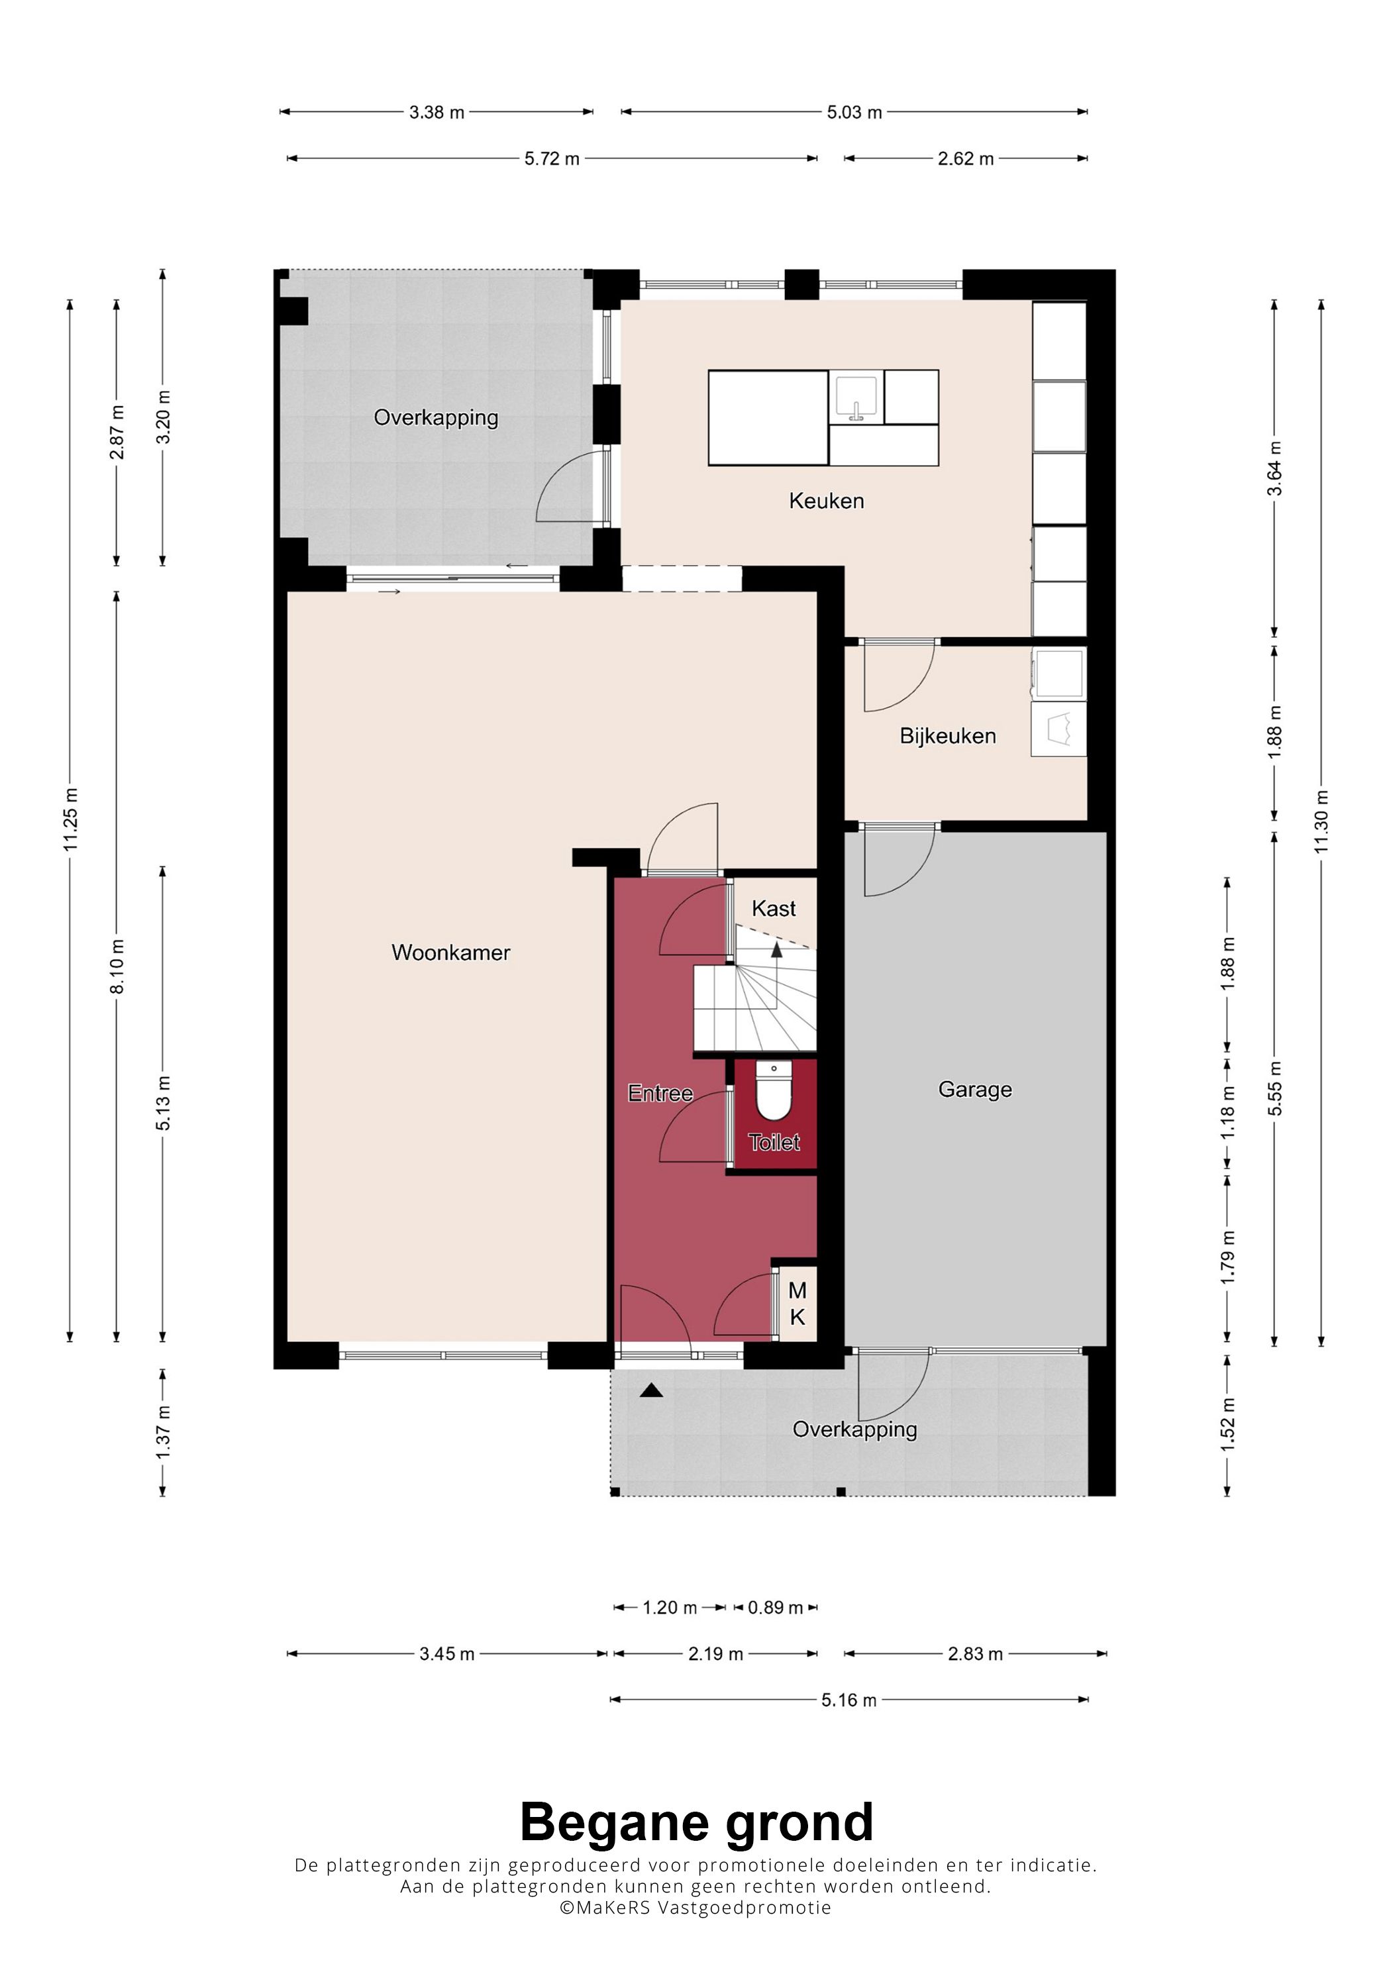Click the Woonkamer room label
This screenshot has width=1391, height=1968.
tap(451, 953)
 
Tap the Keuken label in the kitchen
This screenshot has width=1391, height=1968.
tap(826, 501)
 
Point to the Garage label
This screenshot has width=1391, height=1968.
tap(975, 1090)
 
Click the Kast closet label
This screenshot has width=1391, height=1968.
tap(774, 909)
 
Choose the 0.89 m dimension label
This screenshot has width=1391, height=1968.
tap(776, 1607)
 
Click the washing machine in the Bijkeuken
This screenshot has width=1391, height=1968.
tap(1059, 674)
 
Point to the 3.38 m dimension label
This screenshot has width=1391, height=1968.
tap(437, 113)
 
